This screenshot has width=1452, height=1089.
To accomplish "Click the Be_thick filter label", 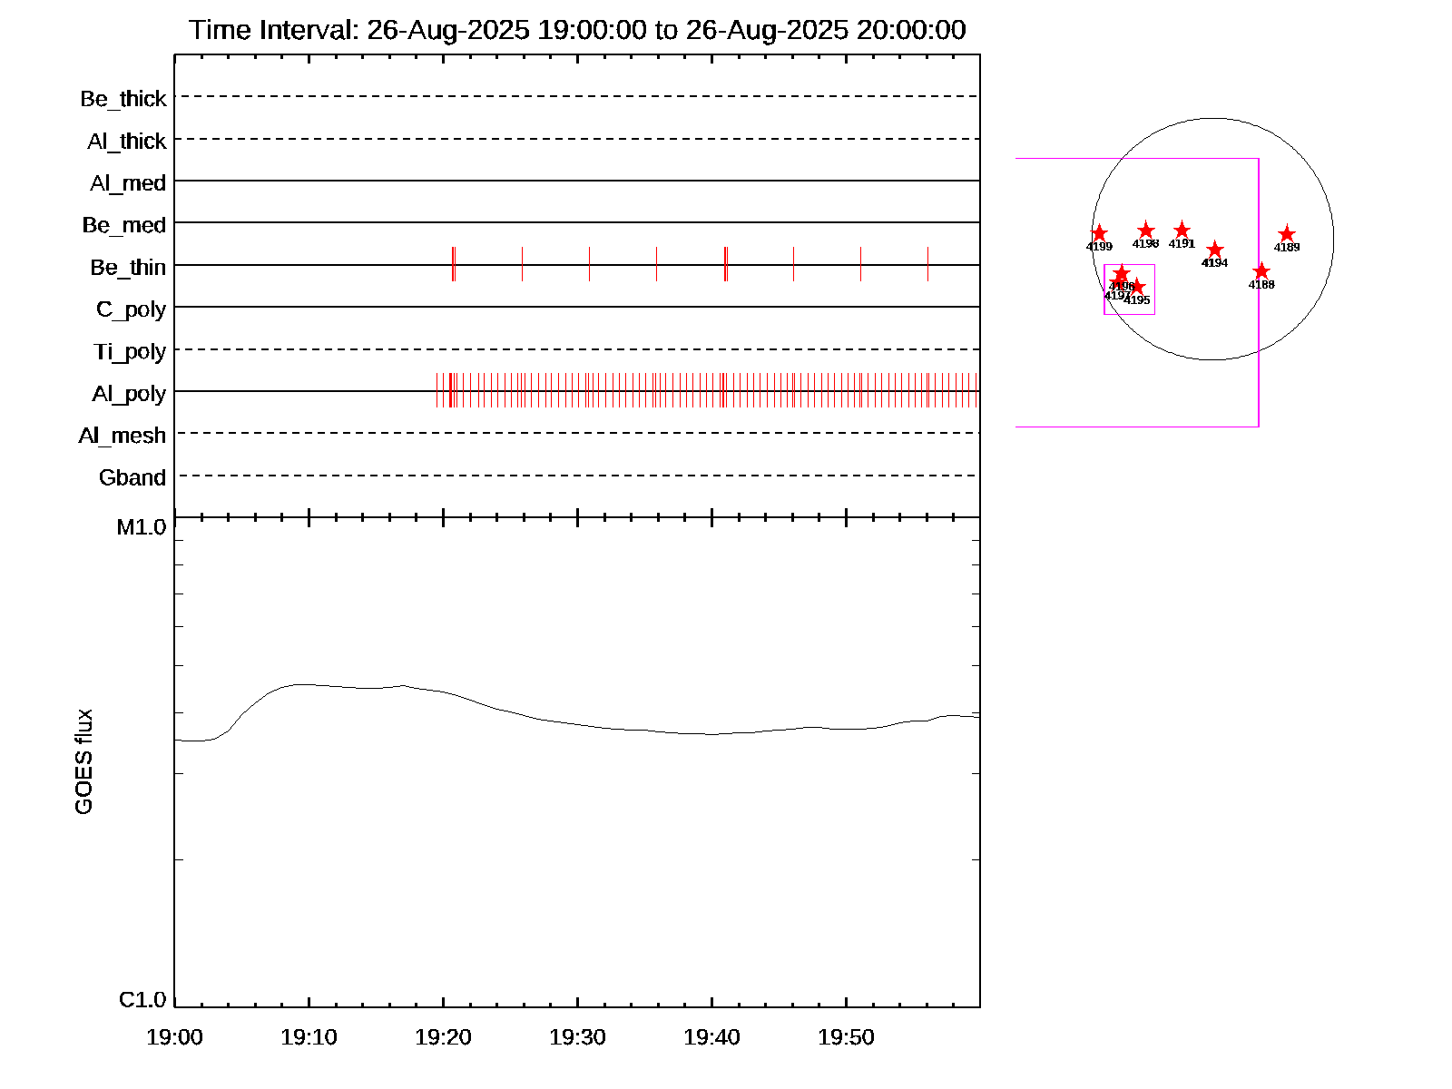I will click(123, 98).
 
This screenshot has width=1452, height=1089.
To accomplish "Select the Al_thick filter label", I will click(127, 141).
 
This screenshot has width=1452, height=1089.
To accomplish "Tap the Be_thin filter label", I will click(128, 267).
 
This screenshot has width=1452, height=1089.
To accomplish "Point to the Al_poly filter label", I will click(129, 393).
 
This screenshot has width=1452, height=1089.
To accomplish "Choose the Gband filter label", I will click(132, 477).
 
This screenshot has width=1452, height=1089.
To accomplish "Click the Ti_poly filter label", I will click(130, 351).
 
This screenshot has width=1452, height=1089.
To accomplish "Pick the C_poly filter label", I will click(131, 309).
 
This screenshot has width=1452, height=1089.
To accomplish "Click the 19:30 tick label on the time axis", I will click(577, 1036).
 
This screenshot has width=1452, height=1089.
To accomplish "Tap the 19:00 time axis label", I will click(174, 1036).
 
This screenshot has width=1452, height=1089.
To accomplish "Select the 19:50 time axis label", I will click(846, 1036).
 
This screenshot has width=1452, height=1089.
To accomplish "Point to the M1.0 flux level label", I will click(142, 527).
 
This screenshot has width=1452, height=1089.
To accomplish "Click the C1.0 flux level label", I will click(142, 1000).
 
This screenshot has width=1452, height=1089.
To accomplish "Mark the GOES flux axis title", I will click(83, 762).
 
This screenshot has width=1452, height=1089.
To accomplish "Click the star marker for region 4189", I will click(1286, 235).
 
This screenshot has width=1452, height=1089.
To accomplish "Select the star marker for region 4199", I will click(1099, 234).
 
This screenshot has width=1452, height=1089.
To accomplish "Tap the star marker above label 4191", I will click(1182, 231).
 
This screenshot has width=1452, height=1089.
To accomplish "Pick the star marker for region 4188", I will click(1261, 271).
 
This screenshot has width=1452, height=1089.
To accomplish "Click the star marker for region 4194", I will click(1215, 250).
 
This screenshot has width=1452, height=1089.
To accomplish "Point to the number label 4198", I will click(1145, 243).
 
